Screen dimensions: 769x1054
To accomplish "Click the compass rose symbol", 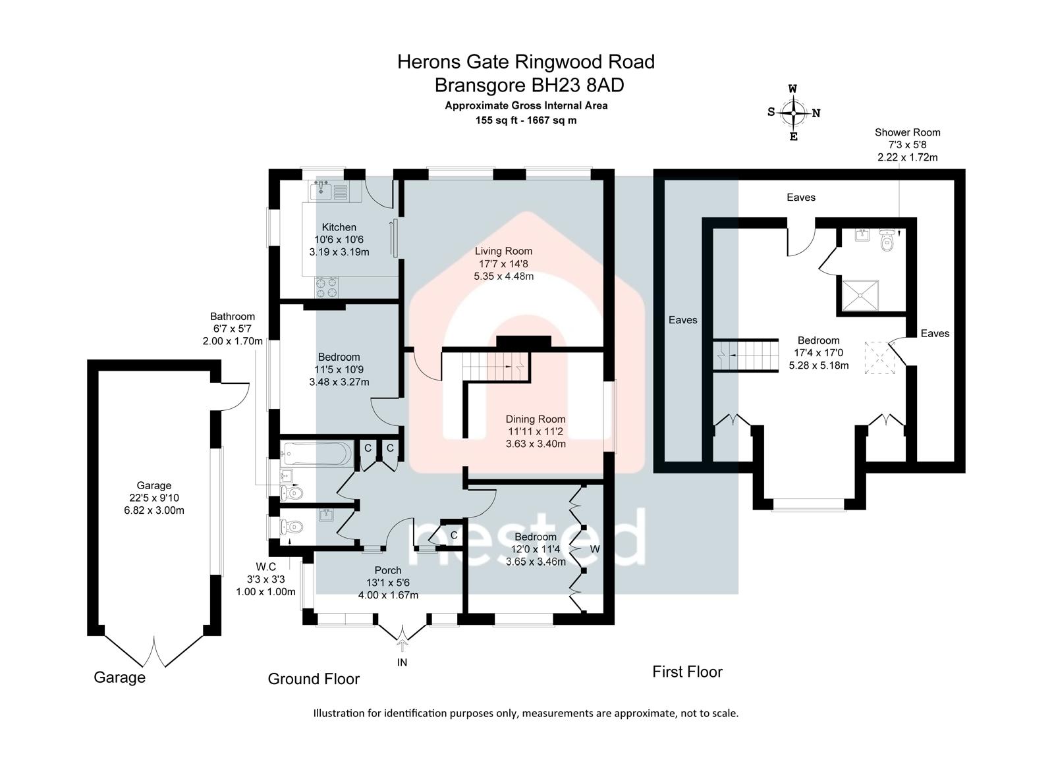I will pos(794,113).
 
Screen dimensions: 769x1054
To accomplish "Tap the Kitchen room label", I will pos(339,227).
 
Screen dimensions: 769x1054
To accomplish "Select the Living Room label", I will pos(503,251).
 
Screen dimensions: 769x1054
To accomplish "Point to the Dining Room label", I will pos(535,419).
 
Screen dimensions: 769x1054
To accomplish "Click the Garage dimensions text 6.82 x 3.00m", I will pos(153,510).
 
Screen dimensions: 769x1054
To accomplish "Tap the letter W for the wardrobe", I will pos(595,548).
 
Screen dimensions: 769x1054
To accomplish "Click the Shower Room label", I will pos(907,132).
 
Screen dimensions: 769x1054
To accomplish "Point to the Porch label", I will pos(387,570).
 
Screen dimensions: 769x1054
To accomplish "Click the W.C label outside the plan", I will pos(265,566).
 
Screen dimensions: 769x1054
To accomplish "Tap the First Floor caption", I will pos(687,672).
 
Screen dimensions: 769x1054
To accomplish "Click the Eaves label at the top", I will pos(801,197).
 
